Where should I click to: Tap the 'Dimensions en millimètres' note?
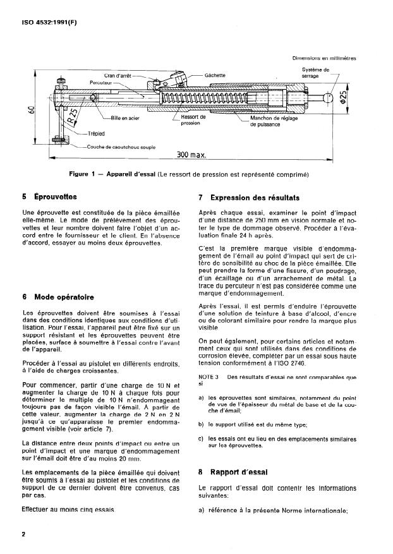coord(323,59)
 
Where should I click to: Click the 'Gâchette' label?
coord(215,75)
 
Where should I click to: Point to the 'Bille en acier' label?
coord(126,118)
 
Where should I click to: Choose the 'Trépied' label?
coord(95,134)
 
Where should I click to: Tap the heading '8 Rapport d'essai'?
coord(234,472)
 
